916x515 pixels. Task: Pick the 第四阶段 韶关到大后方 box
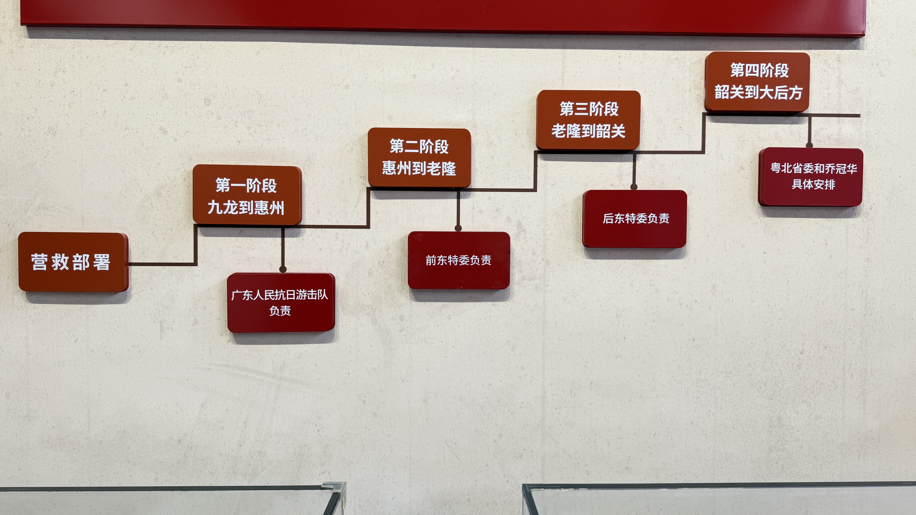[x=757, y=82]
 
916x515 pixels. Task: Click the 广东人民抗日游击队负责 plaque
[x=281, y=302]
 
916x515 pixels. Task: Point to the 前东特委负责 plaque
[x=459, y=260]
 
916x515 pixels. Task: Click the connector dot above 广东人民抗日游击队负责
[x=283, y=269]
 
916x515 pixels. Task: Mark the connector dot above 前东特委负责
[x=458, y=228]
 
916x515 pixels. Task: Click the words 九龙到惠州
[x=246, y=207]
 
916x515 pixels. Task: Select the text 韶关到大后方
[x=759, y=92]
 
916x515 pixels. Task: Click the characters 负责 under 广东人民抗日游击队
[x=280, y=311]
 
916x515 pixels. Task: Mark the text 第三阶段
[x=589, y=109]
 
